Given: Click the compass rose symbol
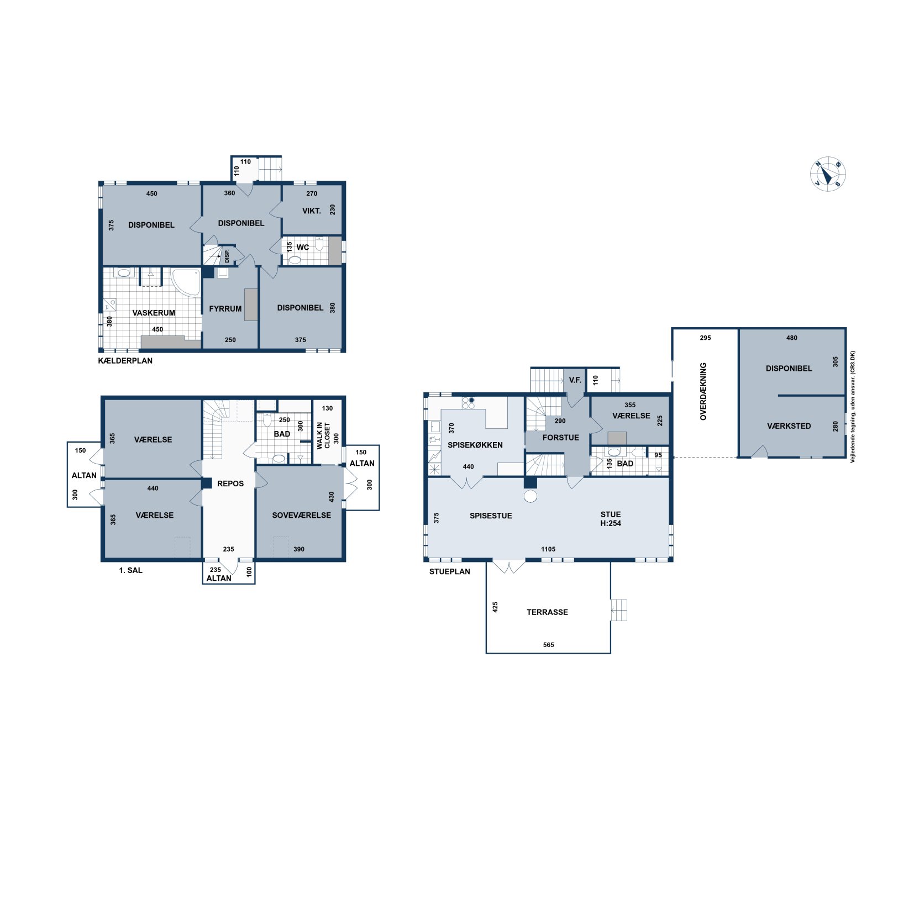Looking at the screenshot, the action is (x=827, y=174).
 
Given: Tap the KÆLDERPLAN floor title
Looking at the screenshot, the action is (x=125, y=361).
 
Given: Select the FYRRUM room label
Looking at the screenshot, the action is (x=225, y=309).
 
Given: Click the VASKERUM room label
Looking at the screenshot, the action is (x=154, y=313).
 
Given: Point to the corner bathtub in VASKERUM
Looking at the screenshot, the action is (x=186, y=282).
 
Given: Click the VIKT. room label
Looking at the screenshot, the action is (x=311, y=211).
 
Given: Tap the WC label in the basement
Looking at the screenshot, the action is (x=303, y=247).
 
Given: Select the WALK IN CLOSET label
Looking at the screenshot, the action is (x=323, y=435).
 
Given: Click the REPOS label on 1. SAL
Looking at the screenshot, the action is (x=230, y=484).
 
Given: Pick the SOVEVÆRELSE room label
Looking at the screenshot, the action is (x=301, y=515).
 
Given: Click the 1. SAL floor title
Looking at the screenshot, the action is (x=130, y=570).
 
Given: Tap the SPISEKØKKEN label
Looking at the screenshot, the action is (x=475, y=445).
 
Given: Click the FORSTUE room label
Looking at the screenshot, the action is (x=560, y=438).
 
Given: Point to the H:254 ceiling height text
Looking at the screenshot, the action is (x=611, y=523).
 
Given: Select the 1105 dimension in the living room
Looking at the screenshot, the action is (x=548, y=549).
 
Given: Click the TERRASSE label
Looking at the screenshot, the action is (x=547, y=612).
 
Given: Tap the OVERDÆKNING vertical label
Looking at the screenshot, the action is (x=703, y=391).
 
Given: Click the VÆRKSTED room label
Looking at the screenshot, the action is (x=789, y=426).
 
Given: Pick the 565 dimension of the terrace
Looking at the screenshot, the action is (x=548, y=645).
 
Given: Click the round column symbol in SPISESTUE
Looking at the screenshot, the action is (x=530, y=496).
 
